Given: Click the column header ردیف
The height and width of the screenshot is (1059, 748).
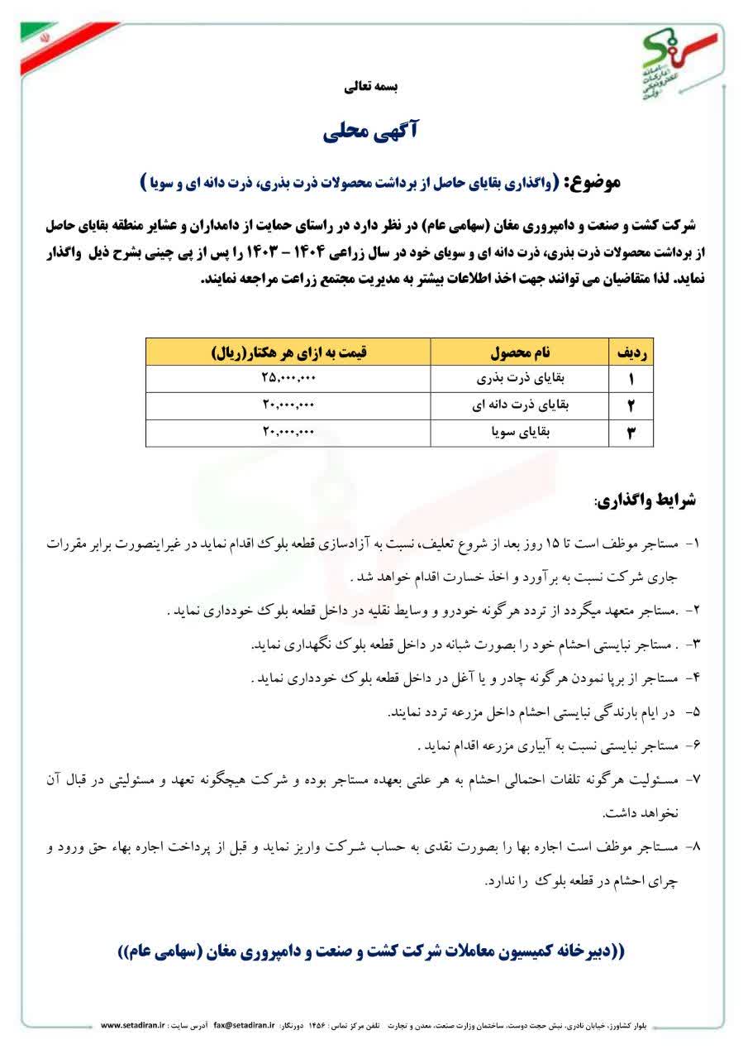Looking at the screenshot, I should (631, 352).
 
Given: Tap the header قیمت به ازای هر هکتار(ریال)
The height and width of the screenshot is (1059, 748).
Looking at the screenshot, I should (288, 352).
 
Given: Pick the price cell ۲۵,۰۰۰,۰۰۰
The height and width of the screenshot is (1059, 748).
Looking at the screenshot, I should (288, 379).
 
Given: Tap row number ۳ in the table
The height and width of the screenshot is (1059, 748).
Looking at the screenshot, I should (631, 432).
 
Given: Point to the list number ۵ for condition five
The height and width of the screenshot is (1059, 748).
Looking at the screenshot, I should (694, 712).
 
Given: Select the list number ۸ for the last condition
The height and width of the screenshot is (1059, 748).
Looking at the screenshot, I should (694, 847).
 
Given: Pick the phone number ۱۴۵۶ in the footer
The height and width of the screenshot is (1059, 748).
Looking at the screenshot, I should (318, 1025).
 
